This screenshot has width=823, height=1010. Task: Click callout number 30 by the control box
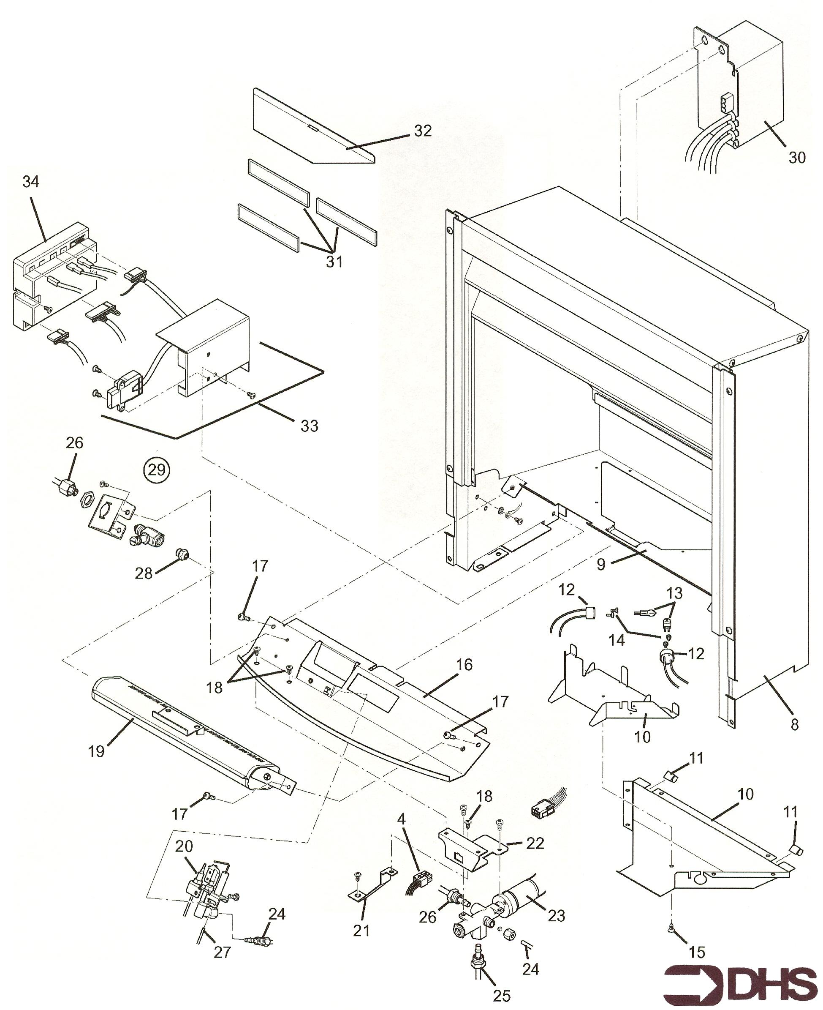point(797,158)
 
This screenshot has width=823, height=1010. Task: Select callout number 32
point(423,131)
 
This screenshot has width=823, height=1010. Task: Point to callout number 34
point(31,181)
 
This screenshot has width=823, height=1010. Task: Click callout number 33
point(310,426)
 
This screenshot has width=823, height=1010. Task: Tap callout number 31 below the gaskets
point(334,262)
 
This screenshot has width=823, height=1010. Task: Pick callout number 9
point(601,565)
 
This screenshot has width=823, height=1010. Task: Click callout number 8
point(795,724)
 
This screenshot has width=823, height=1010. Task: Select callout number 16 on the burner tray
point(464,665)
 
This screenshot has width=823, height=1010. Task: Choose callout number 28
point(144,573)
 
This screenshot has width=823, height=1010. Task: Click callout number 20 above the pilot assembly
point(185,845)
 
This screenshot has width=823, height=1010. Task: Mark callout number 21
point(361,930)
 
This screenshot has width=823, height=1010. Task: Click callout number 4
point(402,819)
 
